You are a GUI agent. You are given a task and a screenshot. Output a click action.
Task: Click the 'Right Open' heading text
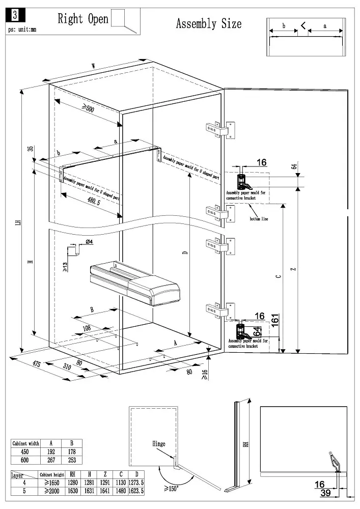(x=83, y=19)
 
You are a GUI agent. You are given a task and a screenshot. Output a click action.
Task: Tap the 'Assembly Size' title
(x=208, y=23)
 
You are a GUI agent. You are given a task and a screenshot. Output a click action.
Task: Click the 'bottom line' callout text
(x=258, y=219)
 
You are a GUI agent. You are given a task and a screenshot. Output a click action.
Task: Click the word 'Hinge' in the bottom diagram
(x=158, y=444)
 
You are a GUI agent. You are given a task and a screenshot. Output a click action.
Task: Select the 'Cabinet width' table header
(x=25, y=443)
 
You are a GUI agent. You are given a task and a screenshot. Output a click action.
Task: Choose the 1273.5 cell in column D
(x=135, y=483)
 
